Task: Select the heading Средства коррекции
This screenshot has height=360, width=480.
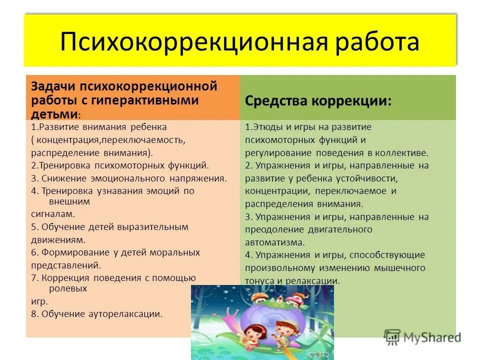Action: pyautogui.click(x=318, y=100)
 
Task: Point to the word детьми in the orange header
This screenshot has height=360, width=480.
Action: pyautogui.click(x=54, y=113)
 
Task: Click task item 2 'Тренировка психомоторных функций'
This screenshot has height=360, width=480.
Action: pyautogui.click(x=120, y=165)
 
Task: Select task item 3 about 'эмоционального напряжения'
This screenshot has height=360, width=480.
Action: pyautogui.click(x=129, y=178)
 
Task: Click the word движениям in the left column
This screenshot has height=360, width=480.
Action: pyautogui.click(x=55, y=239)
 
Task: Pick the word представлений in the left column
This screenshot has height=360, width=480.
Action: pyautogui.click(x=65, y=265)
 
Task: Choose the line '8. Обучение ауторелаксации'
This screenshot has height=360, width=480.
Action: pyautogui.click(x=96, y=314)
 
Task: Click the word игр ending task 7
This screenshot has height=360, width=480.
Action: pyautogui.click(x=39, y=301)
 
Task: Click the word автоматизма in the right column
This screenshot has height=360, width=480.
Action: pyautogui.click(x=274, y=242)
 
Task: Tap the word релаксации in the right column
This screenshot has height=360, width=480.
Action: pyautogui.click(x=314, y=280)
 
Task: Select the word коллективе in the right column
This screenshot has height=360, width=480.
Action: pyautogui.click(x=404, y=152)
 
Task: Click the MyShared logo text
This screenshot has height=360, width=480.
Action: pyautogui.click(x=431, y=337)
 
